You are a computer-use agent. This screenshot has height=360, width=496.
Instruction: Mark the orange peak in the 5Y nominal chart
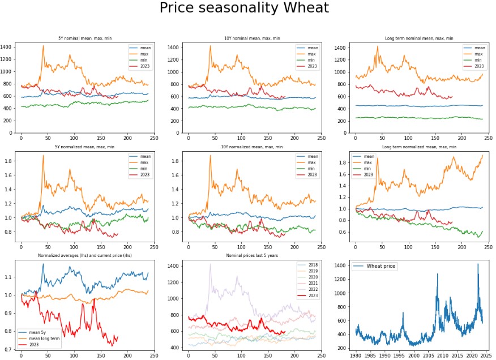pyautogui.click(x=43, y=46)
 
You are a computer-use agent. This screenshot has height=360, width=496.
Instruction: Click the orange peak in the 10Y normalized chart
pyautogui.click(x=210, y=156)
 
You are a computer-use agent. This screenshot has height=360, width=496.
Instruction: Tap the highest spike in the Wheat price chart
pyautogui.click(x=477, y=264)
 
